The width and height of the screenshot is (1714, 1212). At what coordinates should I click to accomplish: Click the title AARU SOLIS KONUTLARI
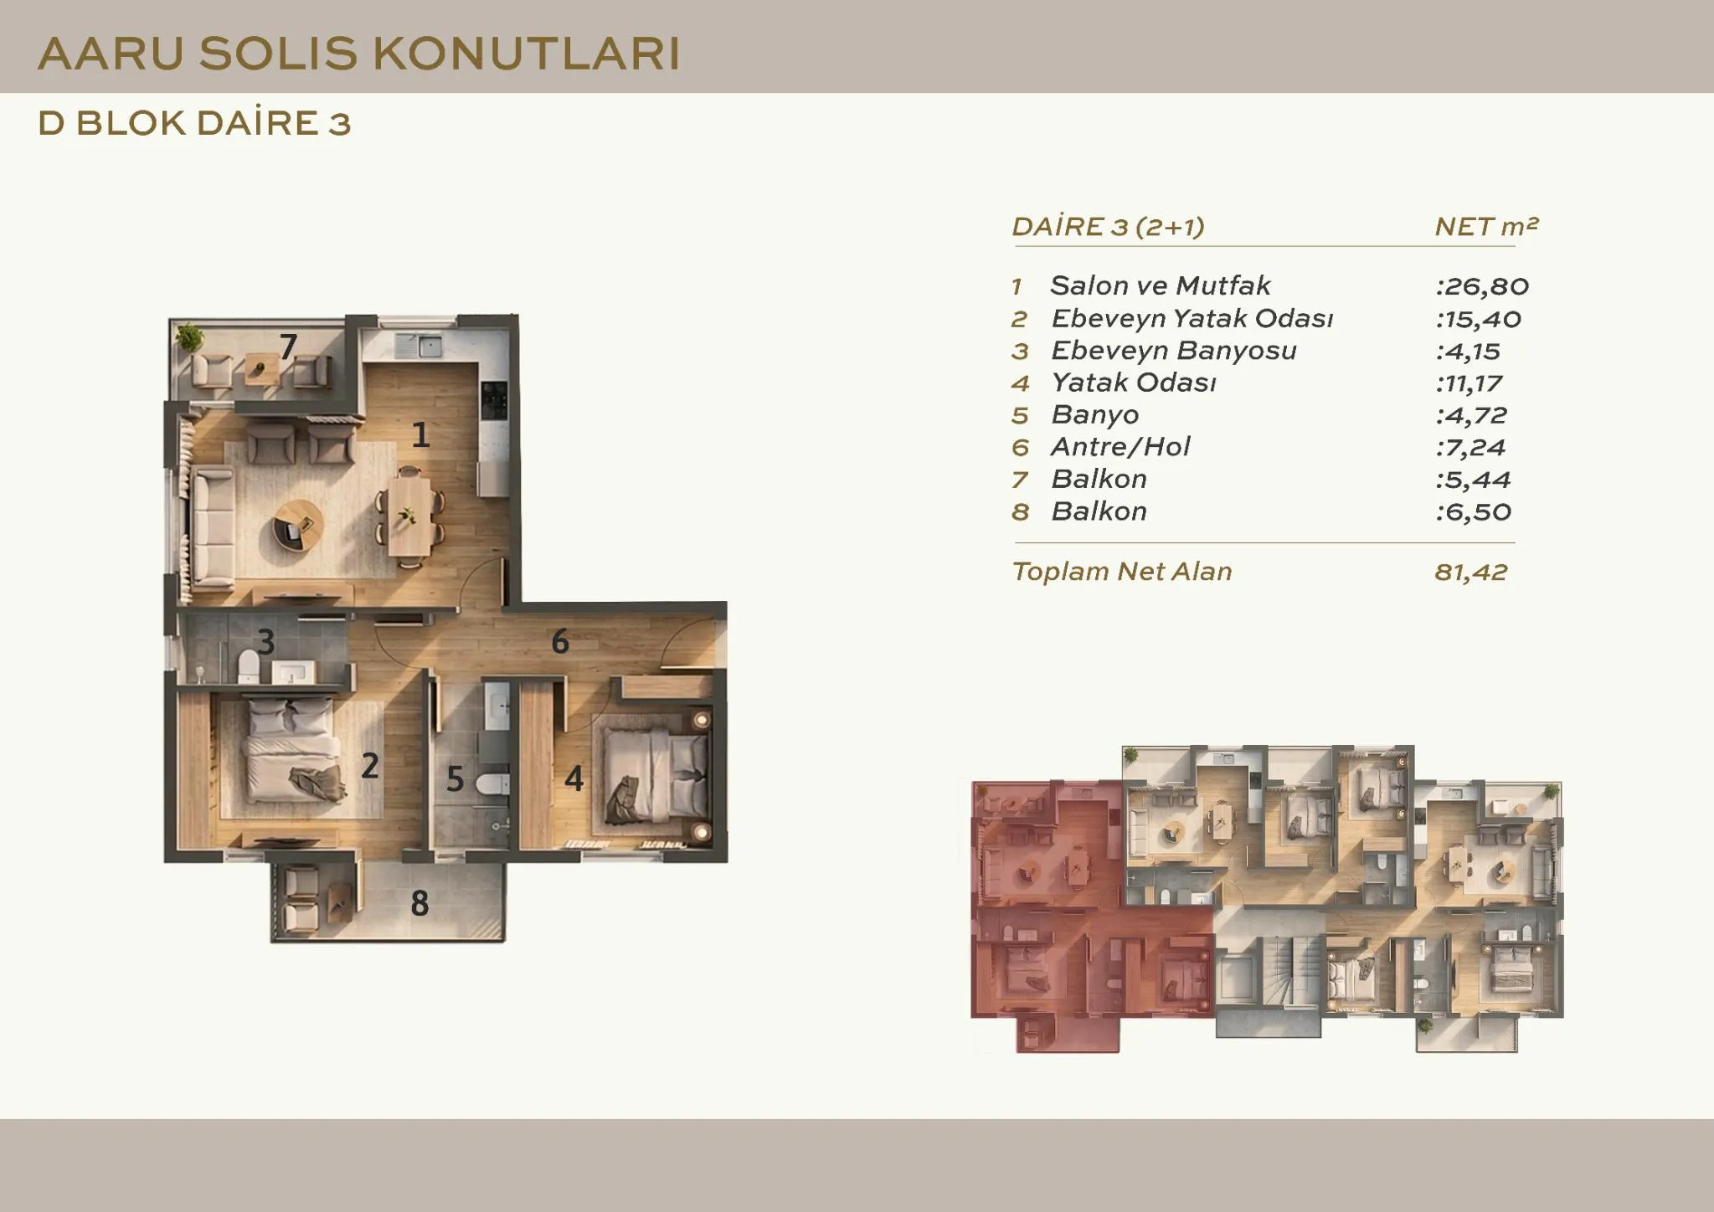click(x=358, y=54)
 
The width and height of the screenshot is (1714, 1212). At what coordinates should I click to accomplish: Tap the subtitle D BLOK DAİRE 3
click(x=194, y=123)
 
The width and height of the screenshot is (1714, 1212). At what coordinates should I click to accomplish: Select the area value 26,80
click(x=1487, y=286)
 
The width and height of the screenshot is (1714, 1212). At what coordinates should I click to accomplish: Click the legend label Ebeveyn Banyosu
click(x=1174, y=350)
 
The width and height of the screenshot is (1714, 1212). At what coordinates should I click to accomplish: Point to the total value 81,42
click(x=1471, y=572)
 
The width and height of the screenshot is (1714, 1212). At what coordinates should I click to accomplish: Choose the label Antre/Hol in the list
click(x=1120, y=446)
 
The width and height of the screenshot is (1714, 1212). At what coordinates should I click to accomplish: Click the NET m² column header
click(x=1486, y=226)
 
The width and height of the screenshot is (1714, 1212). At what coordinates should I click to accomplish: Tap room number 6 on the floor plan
click(x=560, y=642)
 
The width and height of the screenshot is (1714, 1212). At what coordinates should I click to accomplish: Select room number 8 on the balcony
click(x=419, y=903)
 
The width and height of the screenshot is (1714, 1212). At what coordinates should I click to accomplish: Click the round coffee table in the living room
click(x=298, y=525)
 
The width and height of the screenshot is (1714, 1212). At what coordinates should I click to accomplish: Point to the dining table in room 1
click(x=409, y=516)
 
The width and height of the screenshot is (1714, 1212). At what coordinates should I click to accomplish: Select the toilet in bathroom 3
click(x=249, y=666)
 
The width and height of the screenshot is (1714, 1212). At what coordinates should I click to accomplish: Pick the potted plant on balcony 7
click(x=190, y=336)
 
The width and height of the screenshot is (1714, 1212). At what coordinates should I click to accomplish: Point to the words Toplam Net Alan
click(x=1122, y=572)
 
